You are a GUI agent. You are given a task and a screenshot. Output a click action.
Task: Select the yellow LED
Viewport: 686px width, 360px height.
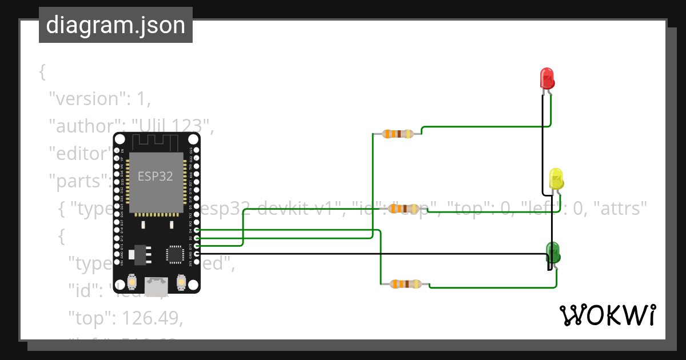tap(556, 178)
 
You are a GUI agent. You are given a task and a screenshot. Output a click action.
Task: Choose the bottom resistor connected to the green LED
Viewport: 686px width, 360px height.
tap(405, 284)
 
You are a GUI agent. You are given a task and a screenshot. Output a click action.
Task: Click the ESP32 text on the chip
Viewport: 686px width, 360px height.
tap(155, 176)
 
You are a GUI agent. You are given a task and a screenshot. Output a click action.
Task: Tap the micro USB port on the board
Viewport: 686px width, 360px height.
tap(156, 286)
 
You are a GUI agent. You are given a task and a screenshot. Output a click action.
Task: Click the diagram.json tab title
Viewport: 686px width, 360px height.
tap(115, 25)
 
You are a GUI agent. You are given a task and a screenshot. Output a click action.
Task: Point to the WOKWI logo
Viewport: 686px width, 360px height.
tap(607, 315)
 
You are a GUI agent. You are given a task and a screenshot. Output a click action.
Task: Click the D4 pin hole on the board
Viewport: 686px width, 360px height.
tap(197, 230)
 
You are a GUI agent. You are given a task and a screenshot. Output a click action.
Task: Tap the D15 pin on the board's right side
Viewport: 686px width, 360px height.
tap(197, 245)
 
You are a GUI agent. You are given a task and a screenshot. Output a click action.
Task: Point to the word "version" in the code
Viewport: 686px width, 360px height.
tap(86, 99)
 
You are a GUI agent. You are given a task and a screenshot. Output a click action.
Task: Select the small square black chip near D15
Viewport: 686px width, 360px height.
tap(174, 254)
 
